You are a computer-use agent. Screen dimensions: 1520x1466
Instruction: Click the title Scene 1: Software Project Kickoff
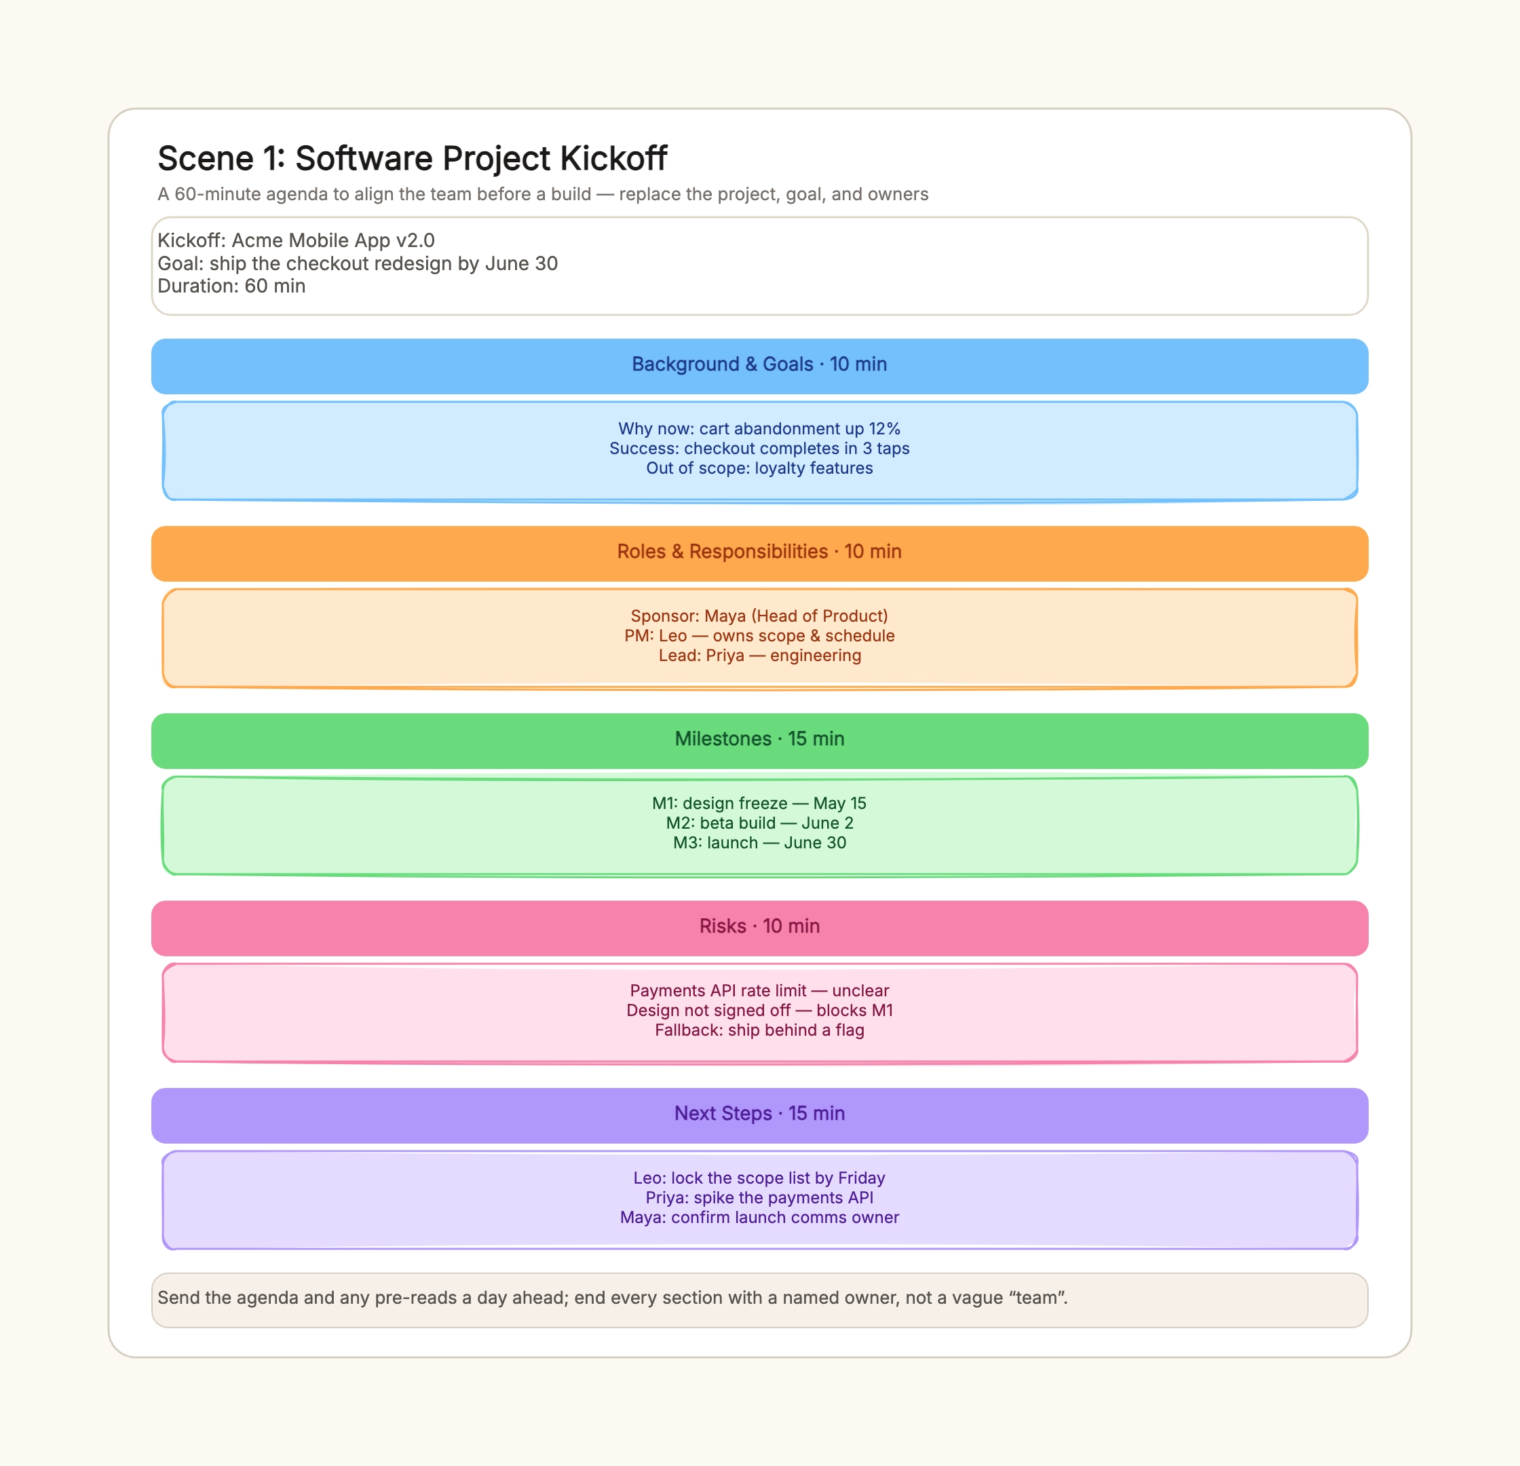pyautogui.click(x=412, y=158)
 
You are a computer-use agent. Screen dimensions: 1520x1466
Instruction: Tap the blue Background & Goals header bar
pyautogui.click(x=759, y=366)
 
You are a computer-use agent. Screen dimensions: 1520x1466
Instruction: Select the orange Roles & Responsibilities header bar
pyautogui.click(x=759, y=554)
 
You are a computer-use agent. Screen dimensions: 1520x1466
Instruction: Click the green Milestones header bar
pyautogui.click(x=759, y=740)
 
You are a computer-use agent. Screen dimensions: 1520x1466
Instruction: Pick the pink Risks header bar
pyautogui.click(x=759, y=928)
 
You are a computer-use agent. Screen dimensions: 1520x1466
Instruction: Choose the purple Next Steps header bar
pyautogui.click(x=759, y=1115)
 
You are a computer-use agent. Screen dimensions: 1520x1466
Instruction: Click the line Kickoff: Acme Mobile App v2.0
pyautogui.click(x=297, y=240)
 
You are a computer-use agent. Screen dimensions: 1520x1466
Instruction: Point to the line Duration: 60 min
pyautogui.click(x=231, y=286)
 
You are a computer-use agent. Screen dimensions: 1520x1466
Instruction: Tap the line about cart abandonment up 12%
pyautogui.click(x=759, y=429)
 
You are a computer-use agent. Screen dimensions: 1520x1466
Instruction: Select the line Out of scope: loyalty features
pyautogui.click(x=759, y=468)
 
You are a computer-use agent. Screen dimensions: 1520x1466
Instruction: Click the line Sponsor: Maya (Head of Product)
pyautogui.click(x=759, y=616)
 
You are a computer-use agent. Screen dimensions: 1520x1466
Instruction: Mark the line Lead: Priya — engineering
pyautogui.click(x=759, y=656)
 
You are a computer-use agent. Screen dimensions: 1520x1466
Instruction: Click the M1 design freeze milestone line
pyautogui.click(x=759, y=804)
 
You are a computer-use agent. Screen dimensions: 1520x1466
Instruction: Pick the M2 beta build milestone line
pyautogui.click(x=759, y=823)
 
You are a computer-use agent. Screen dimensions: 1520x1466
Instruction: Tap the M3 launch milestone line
pyautogui.click(x=759, y=843)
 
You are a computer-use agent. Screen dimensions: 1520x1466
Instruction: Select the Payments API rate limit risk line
pyautogui.click(x=759, y=990)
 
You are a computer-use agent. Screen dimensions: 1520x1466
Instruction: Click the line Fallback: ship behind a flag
pyautogui.click(x=759, y=1030)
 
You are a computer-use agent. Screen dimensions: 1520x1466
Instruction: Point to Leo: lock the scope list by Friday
pyautogui.click(x=759, y=1178)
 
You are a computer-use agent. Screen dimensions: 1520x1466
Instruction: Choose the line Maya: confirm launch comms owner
pyautogui.click(x=759, y=1218)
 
